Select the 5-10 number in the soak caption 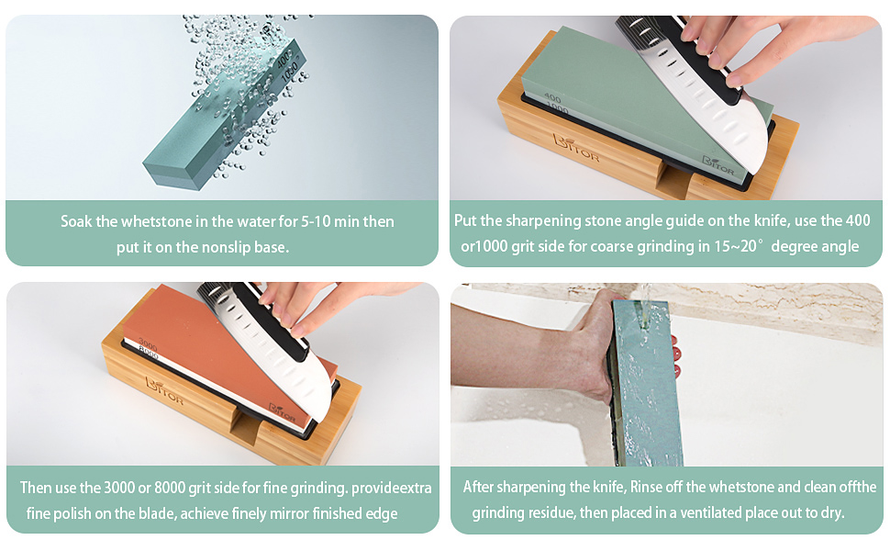pos(298,222)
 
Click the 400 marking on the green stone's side pos(552,98)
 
